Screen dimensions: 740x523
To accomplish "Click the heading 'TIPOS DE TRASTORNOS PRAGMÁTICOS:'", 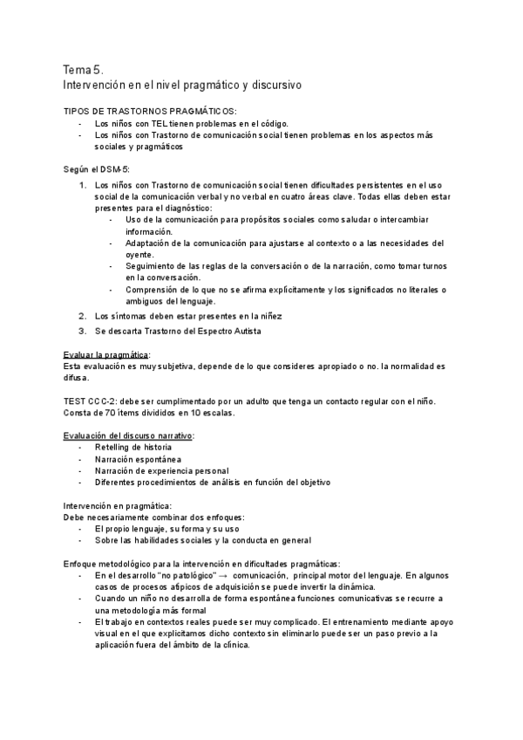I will click(x=149, y=112).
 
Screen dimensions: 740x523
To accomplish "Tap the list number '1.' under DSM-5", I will click(x=82, y=185).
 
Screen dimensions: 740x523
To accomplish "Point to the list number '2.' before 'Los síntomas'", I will click(x=82, y=315).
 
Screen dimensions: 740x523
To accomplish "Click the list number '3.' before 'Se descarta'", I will click(x=82, y=331).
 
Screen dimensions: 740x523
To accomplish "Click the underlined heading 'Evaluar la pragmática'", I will click(x=105, y=355).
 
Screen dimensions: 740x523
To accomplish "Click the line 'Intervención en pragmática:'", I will click(x=117, y=505).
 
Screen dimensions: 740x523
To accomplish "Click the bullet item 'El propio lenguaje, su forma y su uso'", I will click(x=166, y=529).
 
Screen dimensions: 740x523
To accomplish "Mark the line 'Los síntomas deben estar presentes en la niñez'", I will click(x=188, y=315).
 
